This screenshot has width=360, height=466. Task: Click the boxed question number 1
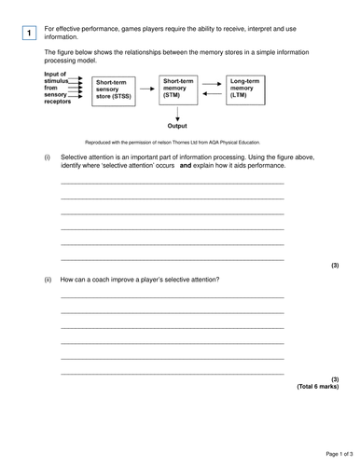tap(30, 34)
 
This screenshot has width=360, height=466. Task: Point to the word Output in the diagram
tap(177, 125)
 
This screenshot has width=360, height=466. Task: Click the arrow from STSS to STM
tap(146, 88)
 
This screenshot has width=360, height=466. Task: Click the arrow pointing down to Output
tap(177, 110)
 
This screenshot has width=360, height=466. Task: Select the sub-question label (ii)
tap(48, 279)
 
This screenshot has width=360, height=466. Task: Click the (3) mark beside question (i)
tap(334, 266)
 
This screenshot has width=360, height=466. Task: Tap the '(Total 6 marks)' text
tap(317, 386)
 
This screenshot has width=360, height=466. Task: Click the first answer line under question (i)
tap(172, 184)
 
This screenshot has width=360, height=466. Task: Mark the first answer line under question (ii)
tap(172, 297)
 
